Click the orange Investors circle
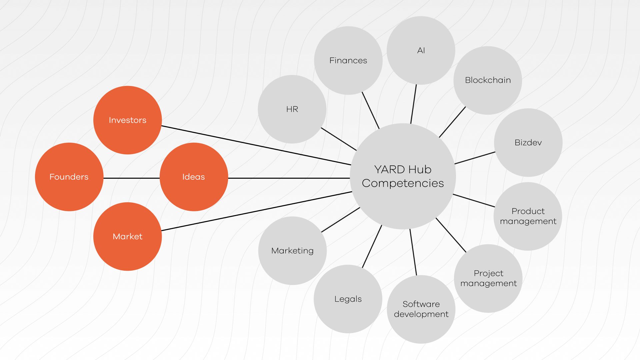(x=127, y=120)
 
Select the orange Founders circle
(x=69, y=177)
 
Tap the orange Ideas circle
(x=194, y=177)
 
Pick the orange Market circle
(x=127, y=236)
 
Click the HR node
(x=292, y=109)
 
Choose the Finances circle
(x=348, y=60)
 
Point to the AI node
(x=421, y=50)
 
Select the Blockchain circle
(x=488, y=80)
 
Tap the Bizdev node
(x=528, y=142)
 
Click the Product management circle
(x=528, y=216)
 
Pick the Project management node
(x=488, y=278)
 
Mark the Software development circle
(x=421, y=309)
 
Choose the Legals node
(x=348, y=299)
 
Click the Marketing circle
(x=292, y=250)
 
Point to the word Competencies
(x=403, y=183)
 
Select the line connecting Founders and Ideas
(x=132, y=178)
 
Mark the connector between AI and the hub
(x=414, y=104)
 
